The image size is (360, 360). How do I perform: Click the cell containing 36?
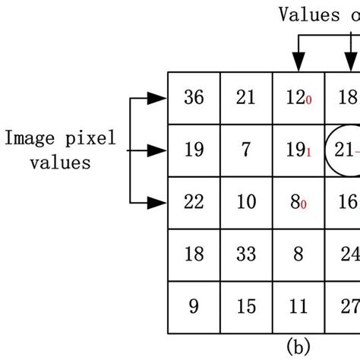pos(194,98)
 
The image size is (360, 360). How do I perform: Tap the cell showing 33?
pos(245,254)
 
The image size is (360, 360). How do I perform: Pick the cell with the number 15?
pos(245,306)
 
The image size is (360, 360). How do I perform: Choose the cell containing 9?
pos(194,306)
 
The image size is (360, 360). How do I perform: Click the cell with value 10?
pos(245,202)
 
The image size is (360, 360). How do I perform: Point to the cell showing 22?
pos(194,202)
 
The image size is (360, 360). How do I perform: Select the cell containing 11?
pos(298,306)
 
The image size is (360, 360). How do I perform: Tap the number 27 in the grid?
pos(348,306)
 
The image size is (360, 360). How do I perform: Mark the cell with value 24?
pos(348,254)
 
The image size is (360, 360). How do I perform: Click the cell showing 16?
pos(348,202)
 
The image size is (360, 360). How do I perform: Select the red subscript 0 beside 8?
pos(305,205)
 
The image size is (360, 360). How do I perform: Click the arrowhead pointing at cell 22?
pos(159,202)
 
